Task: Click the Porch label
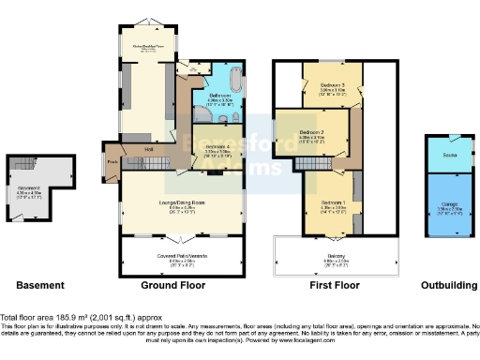(112, 160)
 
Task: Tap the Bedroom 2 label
(312, 133)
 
